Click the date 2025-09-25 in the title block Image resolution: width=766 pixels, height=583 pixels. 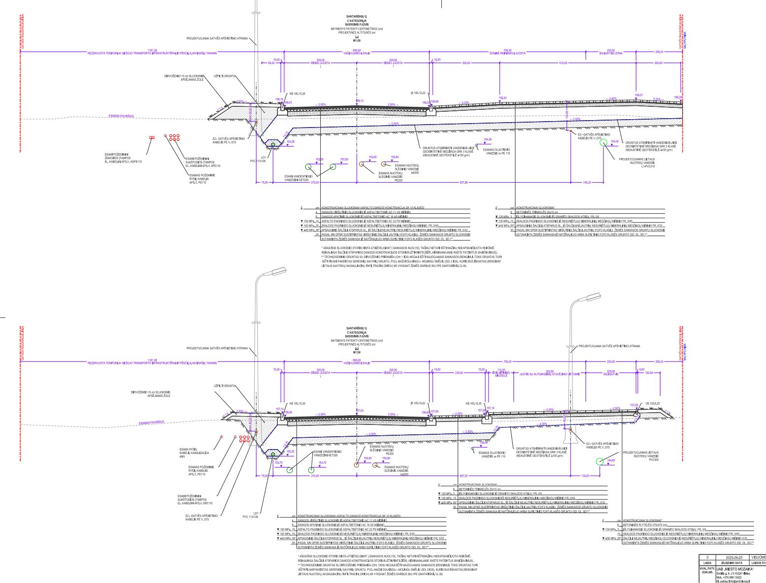click(732, 557)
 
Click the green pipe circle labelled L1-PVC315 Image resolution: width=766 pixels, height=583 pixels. click(603, 142)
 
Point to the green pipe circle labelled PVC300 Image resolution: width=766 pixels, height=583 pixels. click(599, 461)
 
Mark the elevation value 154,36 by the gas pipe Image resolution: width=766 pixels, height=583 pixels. click(488, 139)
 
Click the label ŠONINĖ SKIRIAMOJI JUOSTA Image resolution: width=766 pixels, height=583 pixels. click(507, 53)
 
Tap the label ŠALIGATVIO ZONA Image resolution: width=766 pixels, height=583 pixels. click(611, 53)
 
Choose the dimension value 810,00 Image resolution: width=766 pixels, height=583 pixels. click(563, 63)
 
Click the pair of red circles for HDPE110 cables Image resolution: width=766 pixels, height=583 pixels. click(152, 138)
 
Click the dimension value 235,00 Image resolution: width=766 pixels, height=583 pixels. click(459, 373)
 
